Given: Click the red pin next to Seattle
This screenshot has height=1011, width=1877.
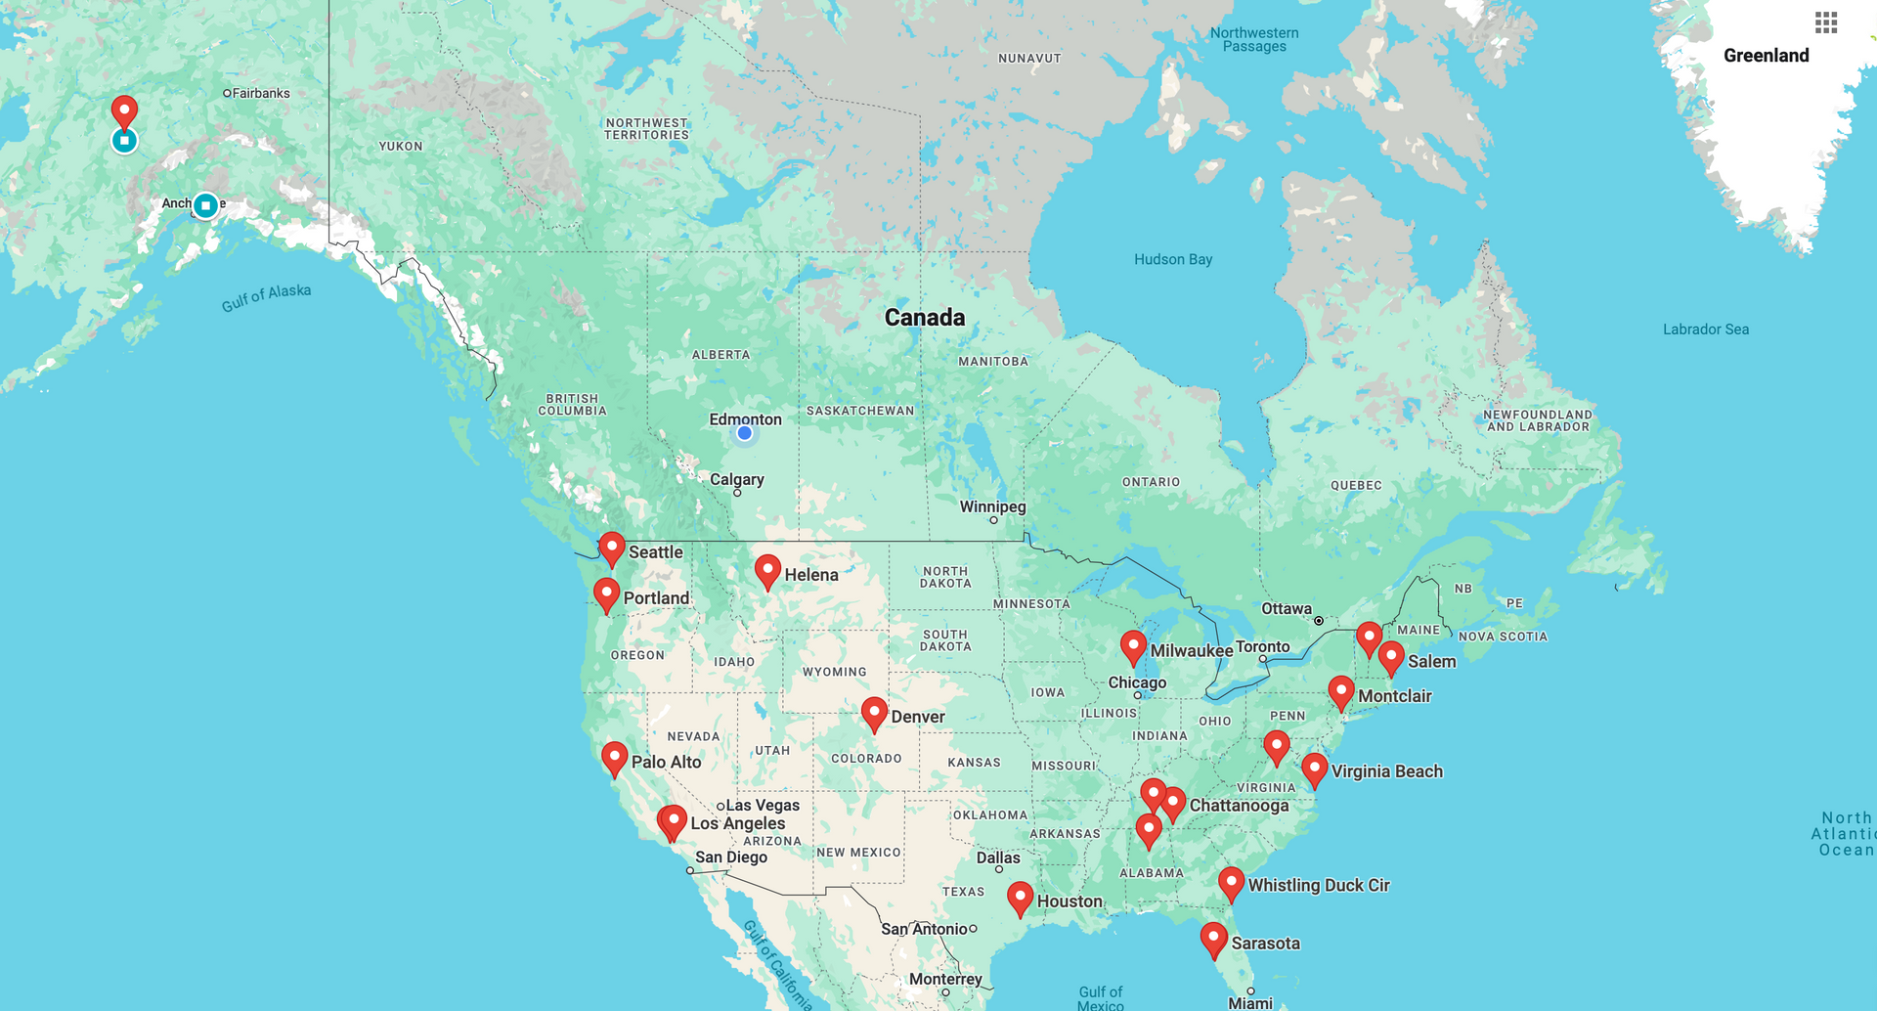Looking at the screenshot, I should pos(612,547).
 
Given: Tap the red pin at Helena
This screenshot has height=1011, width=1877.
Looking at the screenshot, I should pos(767,569).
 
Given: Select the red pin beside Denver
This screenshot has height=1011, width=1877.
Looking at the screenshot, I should pos(874,712).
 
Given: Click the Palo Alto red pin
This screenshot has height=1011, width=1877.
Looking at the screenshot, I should pos(614,756).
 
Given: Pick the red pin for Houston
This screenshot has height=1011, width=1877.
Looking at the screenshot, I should pos(1020,896).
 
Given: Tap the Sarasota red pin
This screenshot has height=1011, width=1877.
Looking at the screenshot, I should pos(1213,937).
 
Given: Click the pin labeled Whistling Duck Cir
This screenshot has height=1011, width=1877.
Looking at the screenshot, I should pos(1231,881).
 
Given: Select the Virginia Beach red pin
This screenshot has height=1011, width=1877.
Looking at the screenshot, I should pos(1314,767).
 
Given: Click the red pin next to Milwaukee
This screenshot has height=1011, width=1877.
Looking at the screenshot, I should pos(1133,645).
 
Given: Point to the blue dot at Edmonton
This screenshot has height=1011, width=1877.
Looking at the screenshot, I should pos(745,433).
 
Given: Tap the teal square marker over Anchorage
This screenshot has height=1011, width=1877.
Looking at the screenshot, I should pos(205,205).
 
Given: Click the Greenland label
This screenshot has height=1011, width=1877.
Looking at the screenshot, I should pos(1766,56).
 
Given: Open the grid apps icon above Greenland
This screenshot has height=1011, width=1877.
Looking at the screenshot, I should pos(1825,22).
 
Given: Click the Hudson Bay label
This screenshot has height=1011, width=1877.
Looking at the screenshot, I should pos(1172,259).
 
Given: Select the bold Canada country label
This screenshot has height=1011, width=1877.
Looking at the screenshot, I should pos(924,317).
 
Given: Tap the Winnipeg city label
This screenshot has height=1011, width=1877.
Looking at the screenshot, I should pos(992,506).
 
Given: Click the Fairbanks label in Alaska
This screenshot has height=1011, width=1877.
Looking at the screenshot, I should pos(260,93).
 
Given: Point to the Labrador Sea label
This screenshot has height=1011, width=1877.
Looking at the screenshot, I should pos(1705,330).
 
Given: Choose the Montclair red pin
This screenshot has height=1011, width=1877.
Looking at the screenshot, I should pos(1340,690).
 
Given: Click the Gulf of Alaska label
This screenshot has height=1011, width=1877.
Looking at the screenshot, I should pos(266,297).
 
